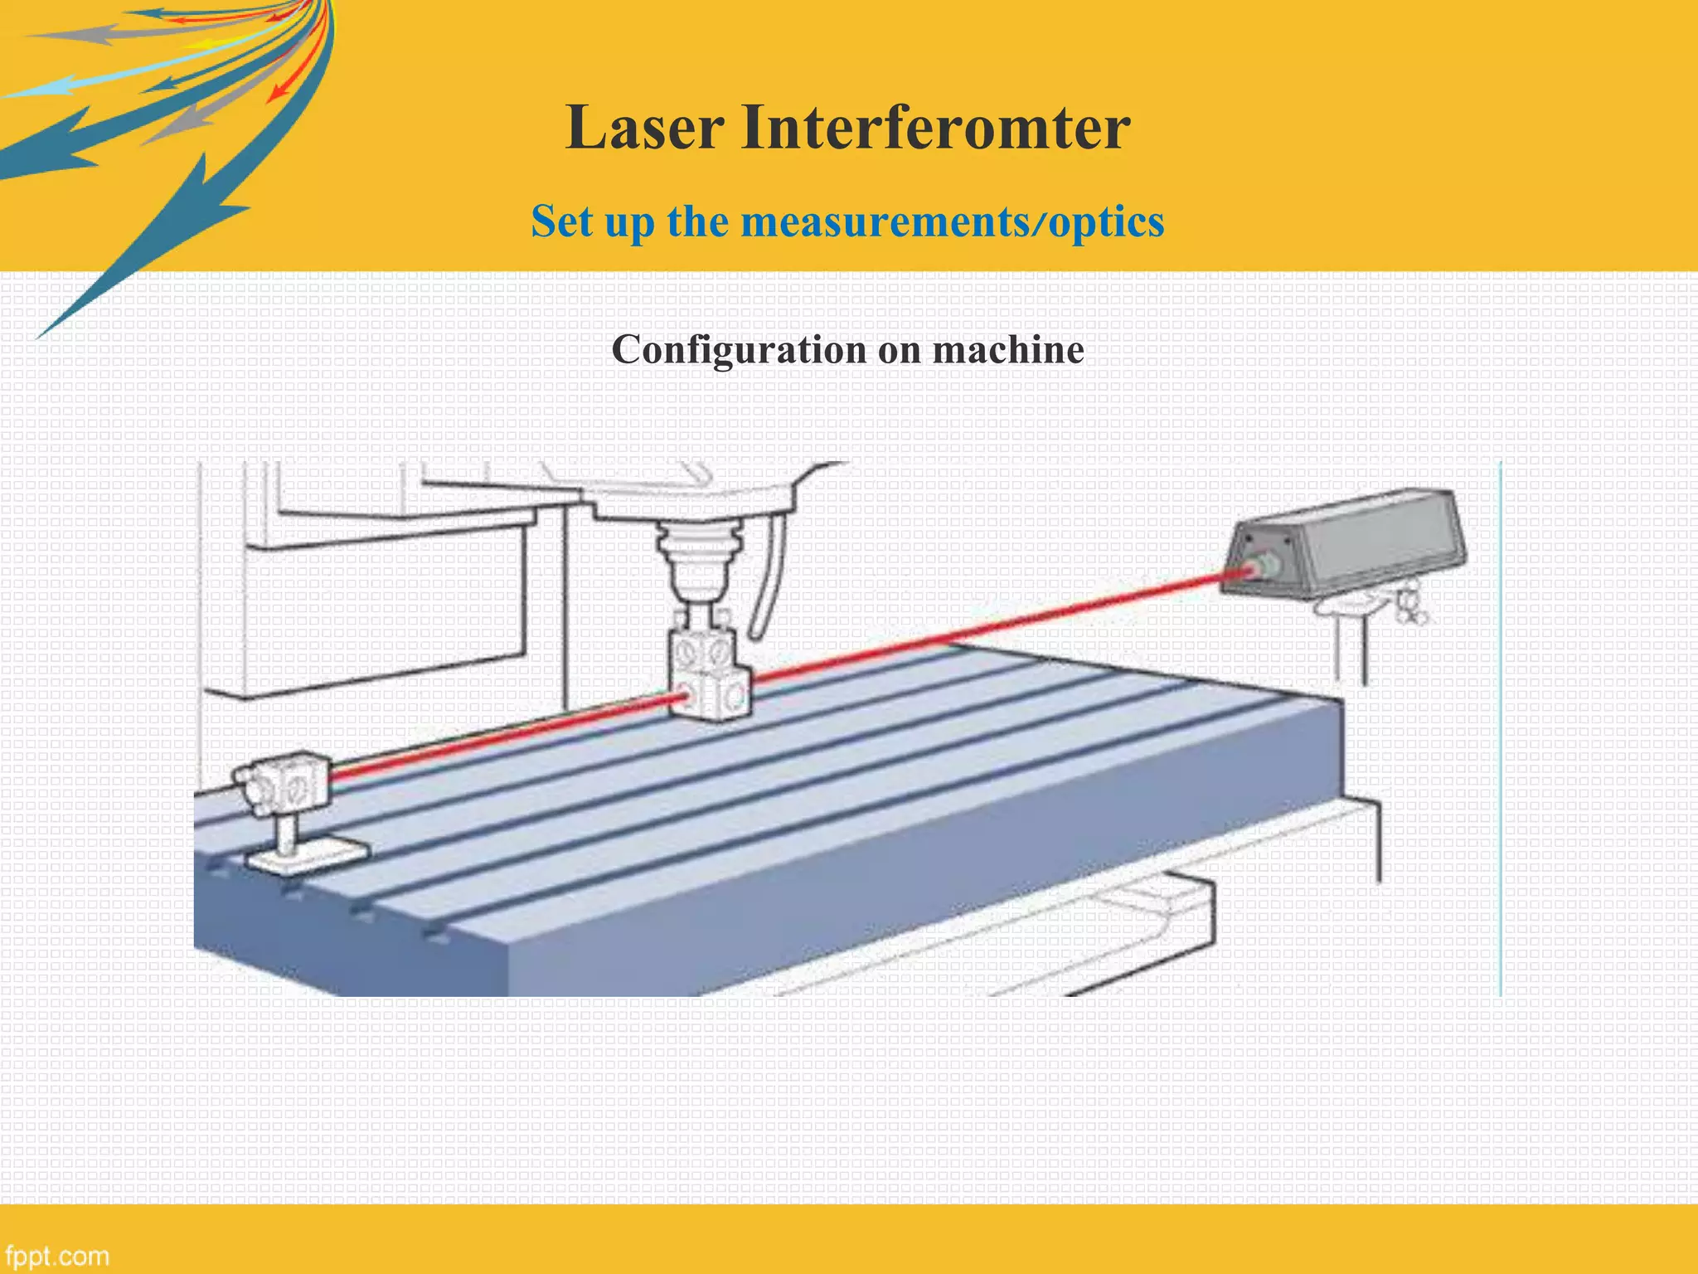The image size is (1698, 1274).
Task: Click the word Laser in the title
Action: point(645,128)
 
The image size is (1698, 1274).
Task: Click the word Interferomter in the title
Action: point(935,128)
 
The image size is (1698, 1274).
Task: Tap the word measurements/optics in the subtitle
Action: point(953,222)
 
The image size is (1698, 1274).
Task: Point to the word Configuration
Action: point(738,350)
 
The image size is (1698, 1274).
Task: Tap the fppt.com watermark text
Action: point(56,1255)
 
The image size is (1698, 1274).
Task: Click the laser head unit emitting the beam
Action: point(1360,543)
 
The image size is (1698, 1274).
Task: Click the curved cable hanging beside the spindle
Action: point(767,581)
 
